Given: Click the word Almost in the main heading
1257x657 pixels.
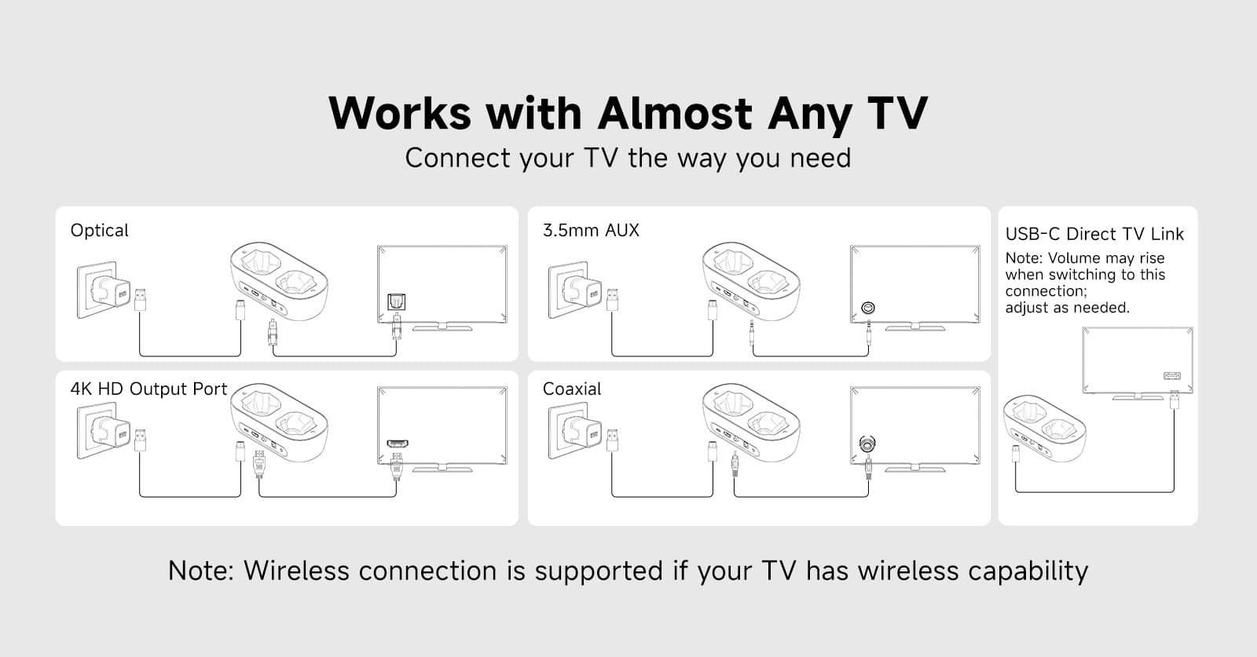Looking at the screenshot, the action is (x=675, y=114).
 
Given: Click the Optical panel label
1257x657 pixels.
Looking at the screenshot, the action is (x=99, y=231).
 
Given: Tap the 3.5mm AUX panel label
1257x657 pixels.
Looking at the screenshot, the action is (x=591, y=230).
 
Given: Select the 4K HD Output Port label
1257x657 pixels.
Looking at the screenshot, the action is (x=148, y=389).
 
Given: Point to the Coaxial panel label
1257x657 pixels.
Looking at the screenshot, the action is (x=572, y=389).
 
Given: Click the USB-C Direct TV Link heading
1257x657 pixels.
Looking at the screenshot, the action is (x=1094, y=234).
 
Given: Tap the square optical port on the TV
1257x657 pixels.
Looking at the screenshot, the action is (x=396, y=301).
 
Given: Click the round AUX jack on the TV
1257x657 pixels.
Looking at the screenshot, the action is (x=867, y=308).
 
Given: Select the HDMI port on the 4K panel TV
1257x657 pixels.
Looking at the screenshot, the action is (x=398, y=443).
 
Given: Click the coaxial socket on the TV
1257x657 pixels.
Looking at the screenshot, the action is (x=867, y=444).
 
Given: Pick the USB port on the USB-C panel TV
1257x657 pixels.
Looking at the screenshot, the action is (x=1171, y=375).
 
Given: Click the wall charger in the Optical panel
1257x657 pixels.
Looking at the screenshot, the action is (x=104, y=290).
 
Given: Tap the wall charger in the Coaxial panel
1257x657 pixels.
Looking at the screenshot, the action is (x=577, y=430).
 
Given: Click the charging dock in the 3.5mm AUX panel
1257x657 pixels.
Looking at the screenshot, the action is (x=751, y=282).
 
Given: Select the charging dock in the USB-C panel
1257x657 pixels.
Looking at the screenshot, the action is (x=1044, y=429).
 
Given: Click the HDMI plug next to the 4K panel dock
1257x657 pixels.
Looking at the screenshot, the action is (x=258, y=464).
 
